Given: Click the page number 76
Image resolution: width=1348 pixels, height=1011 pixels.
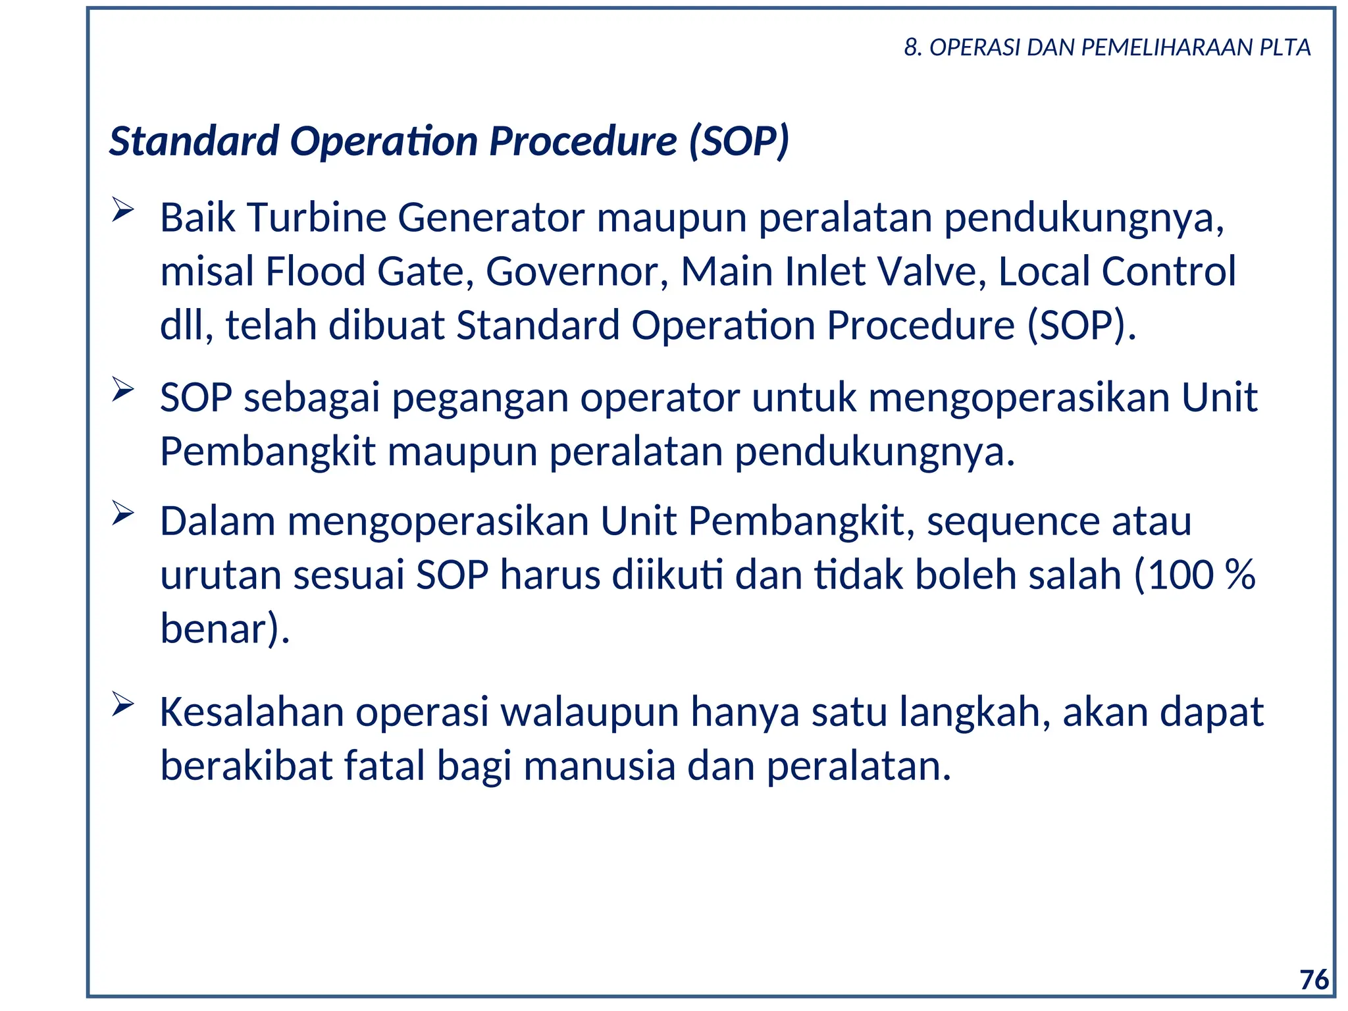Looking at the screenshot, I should click(1314, 979).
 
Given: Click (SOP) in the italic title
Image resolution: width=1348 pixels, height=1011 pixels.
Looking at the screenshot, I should click(739, 141).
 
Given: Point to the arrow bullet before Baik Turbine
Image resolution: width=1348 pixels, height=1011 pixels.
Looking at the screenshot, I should click(122, 210).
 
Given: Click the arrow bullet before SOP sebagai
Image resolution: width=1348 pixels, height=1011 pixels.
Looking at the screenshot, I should click(122, 389).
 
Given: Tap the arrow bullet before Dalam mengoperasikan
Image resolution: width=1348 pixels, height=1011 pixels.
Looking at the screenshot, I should click(122, 513).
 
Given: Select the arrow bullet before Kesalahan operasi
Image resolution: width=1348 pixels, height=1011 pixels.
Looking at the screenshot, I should click(122, 704).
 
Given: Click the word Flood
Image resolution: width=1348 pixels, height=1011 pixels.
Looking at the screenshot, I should click(315, 271).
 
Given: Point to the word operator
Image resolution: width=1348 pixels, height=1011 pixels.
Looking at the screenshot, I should click(660, 398).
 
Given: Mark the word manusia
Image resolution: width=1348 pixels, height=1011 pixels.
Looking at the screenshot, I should click(600, 766).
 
